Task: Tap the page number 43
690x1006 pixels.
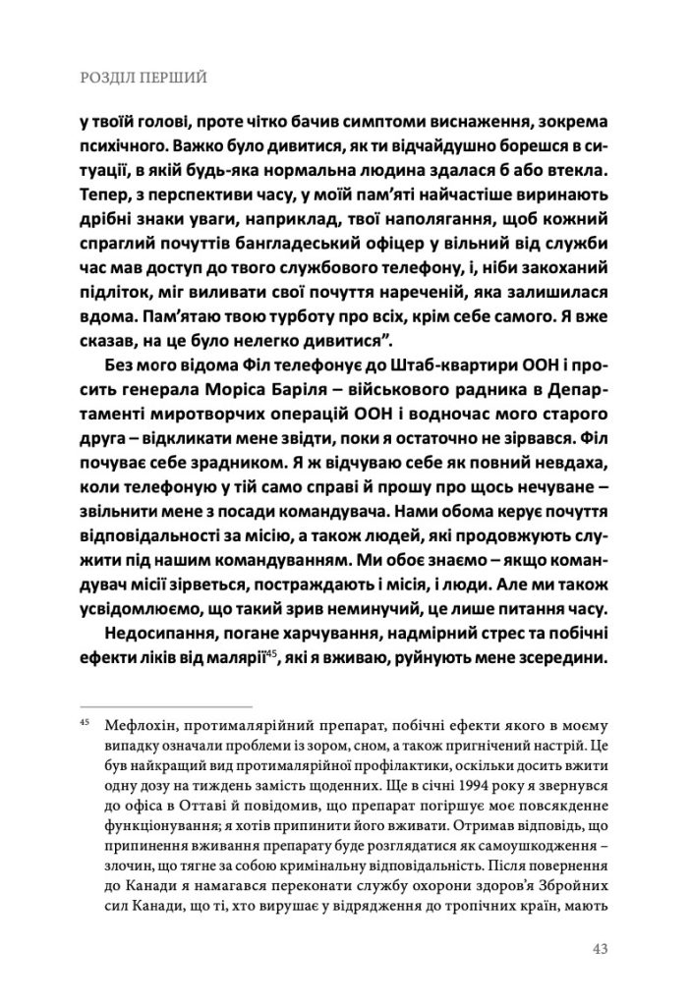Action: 600,948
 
